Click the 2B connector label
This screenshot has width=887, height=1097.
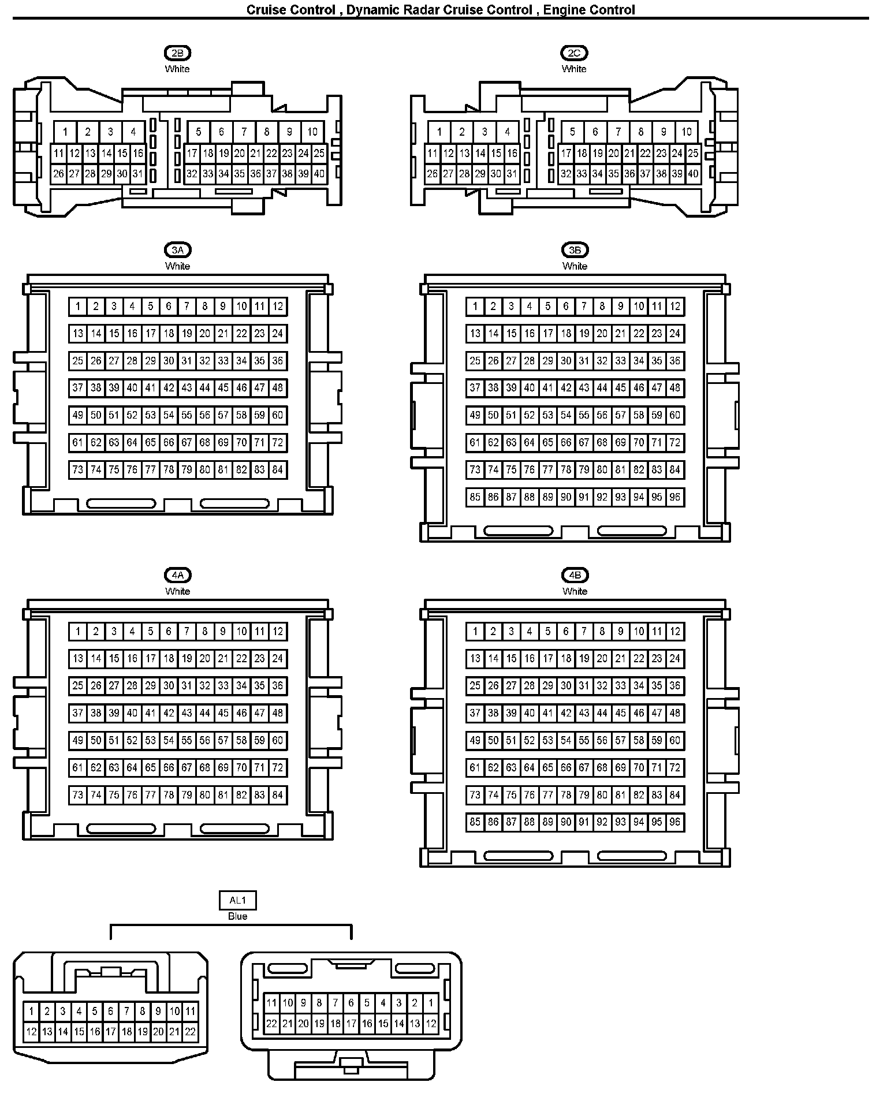(x=177, y=53)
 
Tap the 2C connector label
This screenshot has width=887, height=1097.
(x=574, y=53)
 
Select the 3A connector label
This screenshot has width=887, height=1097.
(x=177, y=250)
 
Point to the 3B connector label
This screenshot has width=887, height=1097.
(x=575, y=250)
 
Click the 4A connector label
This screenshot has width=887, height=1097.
(x=177, y=575)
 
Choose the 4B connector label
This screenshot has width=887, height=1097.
(x=575, y=575)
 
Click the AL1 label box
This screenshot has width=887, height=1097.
(x=237, y=900)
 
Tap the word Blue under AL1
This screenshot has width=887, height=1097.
(x=237, y=916)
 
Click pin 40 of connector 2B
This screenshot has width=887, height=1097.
(x=319, y=174)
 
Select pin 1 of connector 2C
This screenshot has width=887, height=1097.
(x=439, y=132)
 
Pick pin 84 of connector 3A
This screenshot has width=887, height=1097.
(x=278, y=470)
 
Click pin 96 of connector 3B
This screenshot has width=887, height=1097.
(x=675, y=497)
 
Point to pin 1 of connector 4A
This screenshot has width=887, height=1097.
(x=78, y=632)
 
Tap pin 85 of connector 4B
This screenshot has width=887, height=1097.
(x=475, y=822)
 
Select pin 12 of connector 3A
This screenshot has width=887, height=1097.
(x=278, y=307)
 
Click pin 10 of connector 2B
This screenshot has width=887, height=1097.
(x=312, y=132)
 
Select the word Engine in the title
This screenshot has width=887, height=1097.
(x=564, y=10)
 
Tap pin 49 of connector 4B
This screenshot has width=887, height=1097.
(x=475, y=741)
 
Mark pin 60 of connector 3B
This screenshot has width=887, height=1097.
(x=675, y=416)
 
